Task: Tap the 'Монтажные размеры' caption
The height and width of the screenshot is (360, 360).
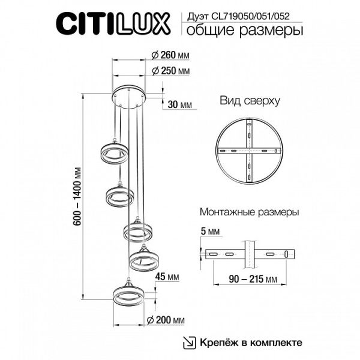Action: pos(249,212)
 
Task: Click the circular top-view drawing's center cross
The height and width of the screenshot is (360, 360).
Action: pos(248,149)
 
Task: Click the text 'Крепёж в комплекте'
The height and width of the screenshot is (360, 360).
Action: pos(251,343)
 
